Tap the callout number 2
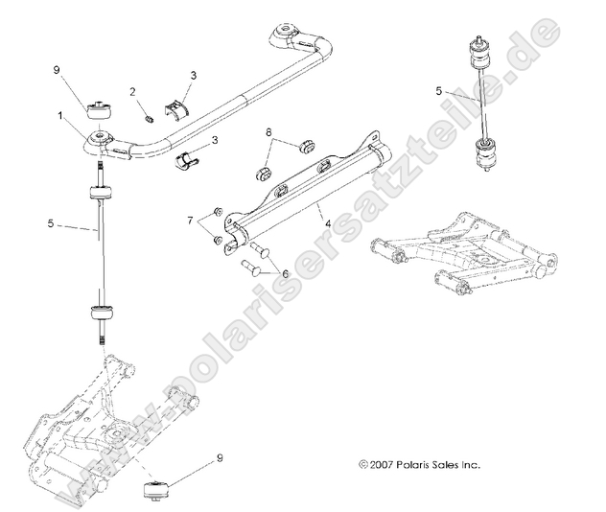(133, 92)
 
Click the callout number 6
(284, 273)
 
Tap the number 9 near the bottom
(221, 458)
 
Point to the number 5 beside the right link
(438, 92)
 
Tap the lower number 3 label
(214, 140)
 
